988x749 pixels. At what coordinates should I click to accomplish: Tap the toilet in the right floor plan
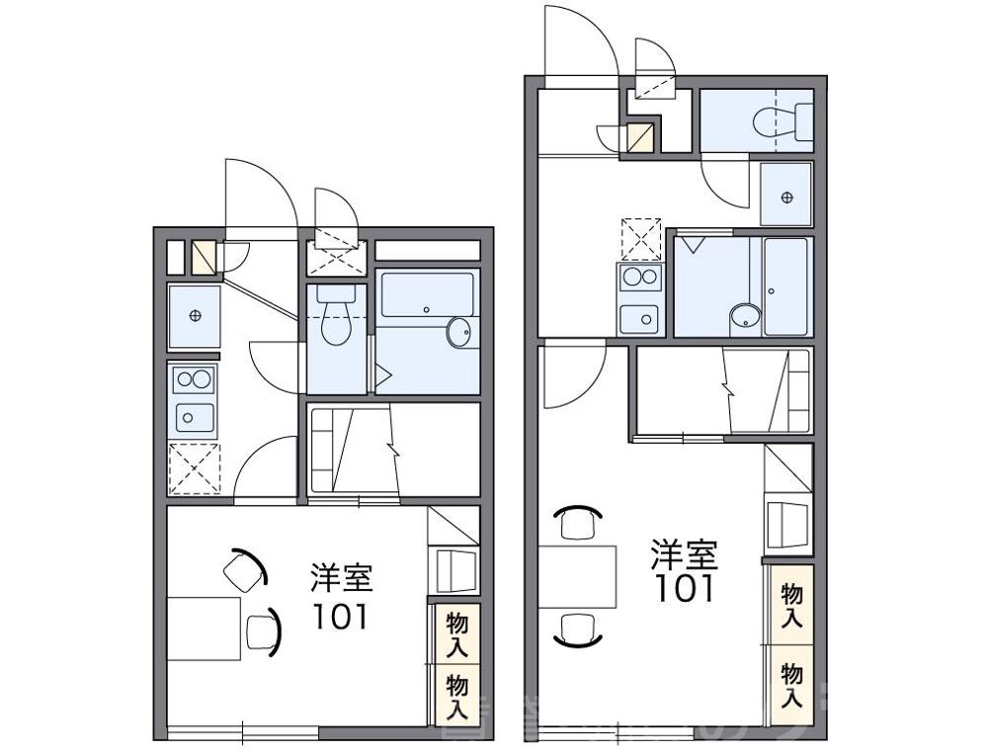tap(772, 122)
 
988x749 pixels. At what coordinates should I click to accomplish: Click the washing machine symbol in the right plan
tap(786, 196)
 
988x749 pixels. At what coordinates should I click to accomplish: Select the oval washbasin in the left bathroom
tap(459, 332)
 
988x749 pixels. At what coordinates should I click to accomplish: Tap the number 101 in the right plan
tap(684, 589)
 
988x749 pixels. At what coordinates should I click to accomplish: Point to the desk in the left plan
tap(205, 627)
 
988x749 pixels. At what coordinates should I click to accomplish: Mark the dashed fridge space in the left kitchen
tap(194, 468)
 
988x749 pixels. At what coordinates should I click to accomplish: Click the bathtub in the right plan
tap(787, 286)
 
